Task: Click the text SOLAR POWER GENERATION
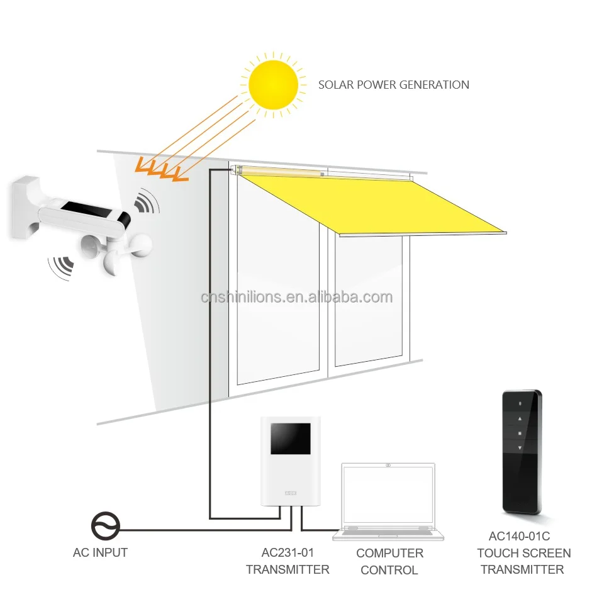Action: (x=393, y=84)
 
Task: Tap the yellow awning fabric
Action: (x=371, y=204)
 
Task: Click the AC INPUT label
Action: (x=100, y=553)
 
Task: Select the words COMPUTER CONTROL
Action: (x=389, y=562)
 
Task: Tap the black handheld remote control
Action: (x=521, y=450)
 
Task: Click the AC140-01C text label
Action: (x=520, y=537)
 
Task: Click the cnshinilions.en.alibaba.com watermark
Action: (x=296, y=298)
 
